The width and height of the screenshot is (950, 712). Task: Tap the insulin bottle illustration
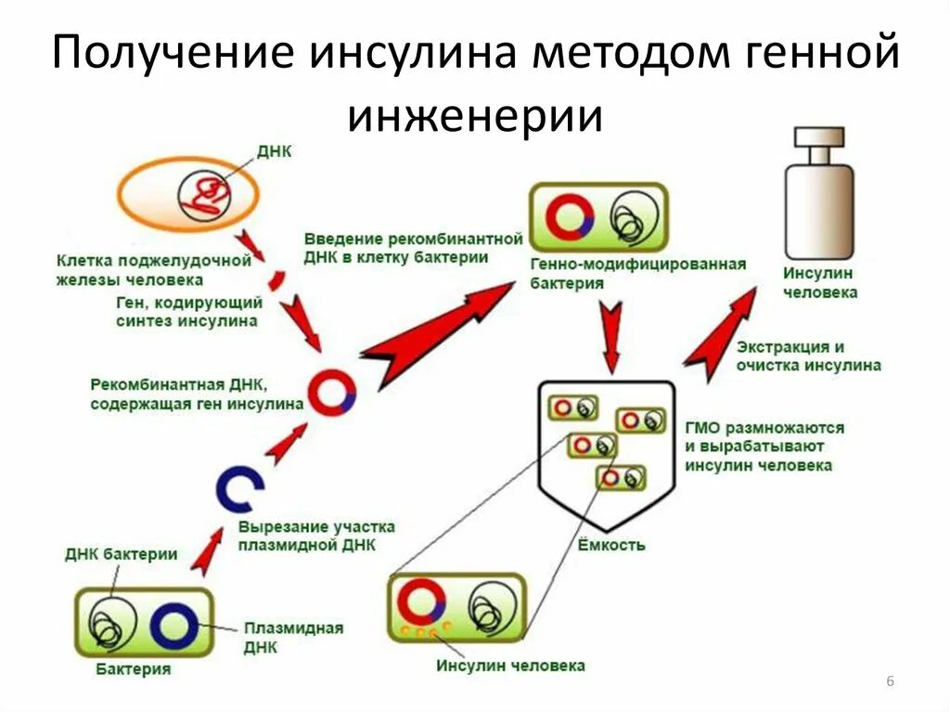(819, 195)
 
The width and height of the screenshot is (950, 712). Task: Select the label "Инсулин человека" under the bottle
(819, 283)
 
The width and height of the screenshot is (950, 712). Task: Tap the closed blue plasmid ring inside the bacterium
(173, 628)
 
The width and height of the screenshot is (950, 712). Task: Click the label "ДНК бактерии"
(122, 554)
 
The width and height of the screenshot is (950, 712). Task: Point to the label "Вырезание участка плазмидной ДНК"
(316, 536)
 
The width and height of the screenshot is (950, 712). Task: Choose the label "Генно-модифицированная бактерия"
(638, 274)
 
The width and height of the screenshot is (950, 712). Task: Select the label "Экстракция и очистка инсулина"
(808, 356)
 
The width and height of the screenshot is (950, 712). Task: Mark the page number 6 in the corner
(890, 682)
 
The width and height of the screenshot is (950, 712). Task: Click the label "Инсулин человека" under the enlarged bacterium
(511, 666)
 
